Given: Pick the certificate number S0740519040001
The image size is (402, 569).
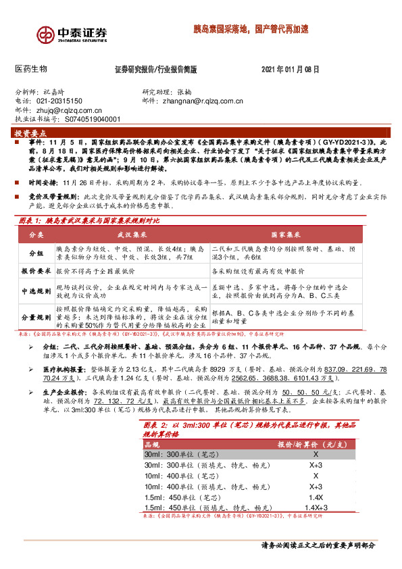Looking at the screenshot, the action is point(95,119).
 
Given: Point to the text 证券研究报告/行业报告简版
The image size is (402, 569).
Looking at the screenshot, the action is point(156,70).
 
